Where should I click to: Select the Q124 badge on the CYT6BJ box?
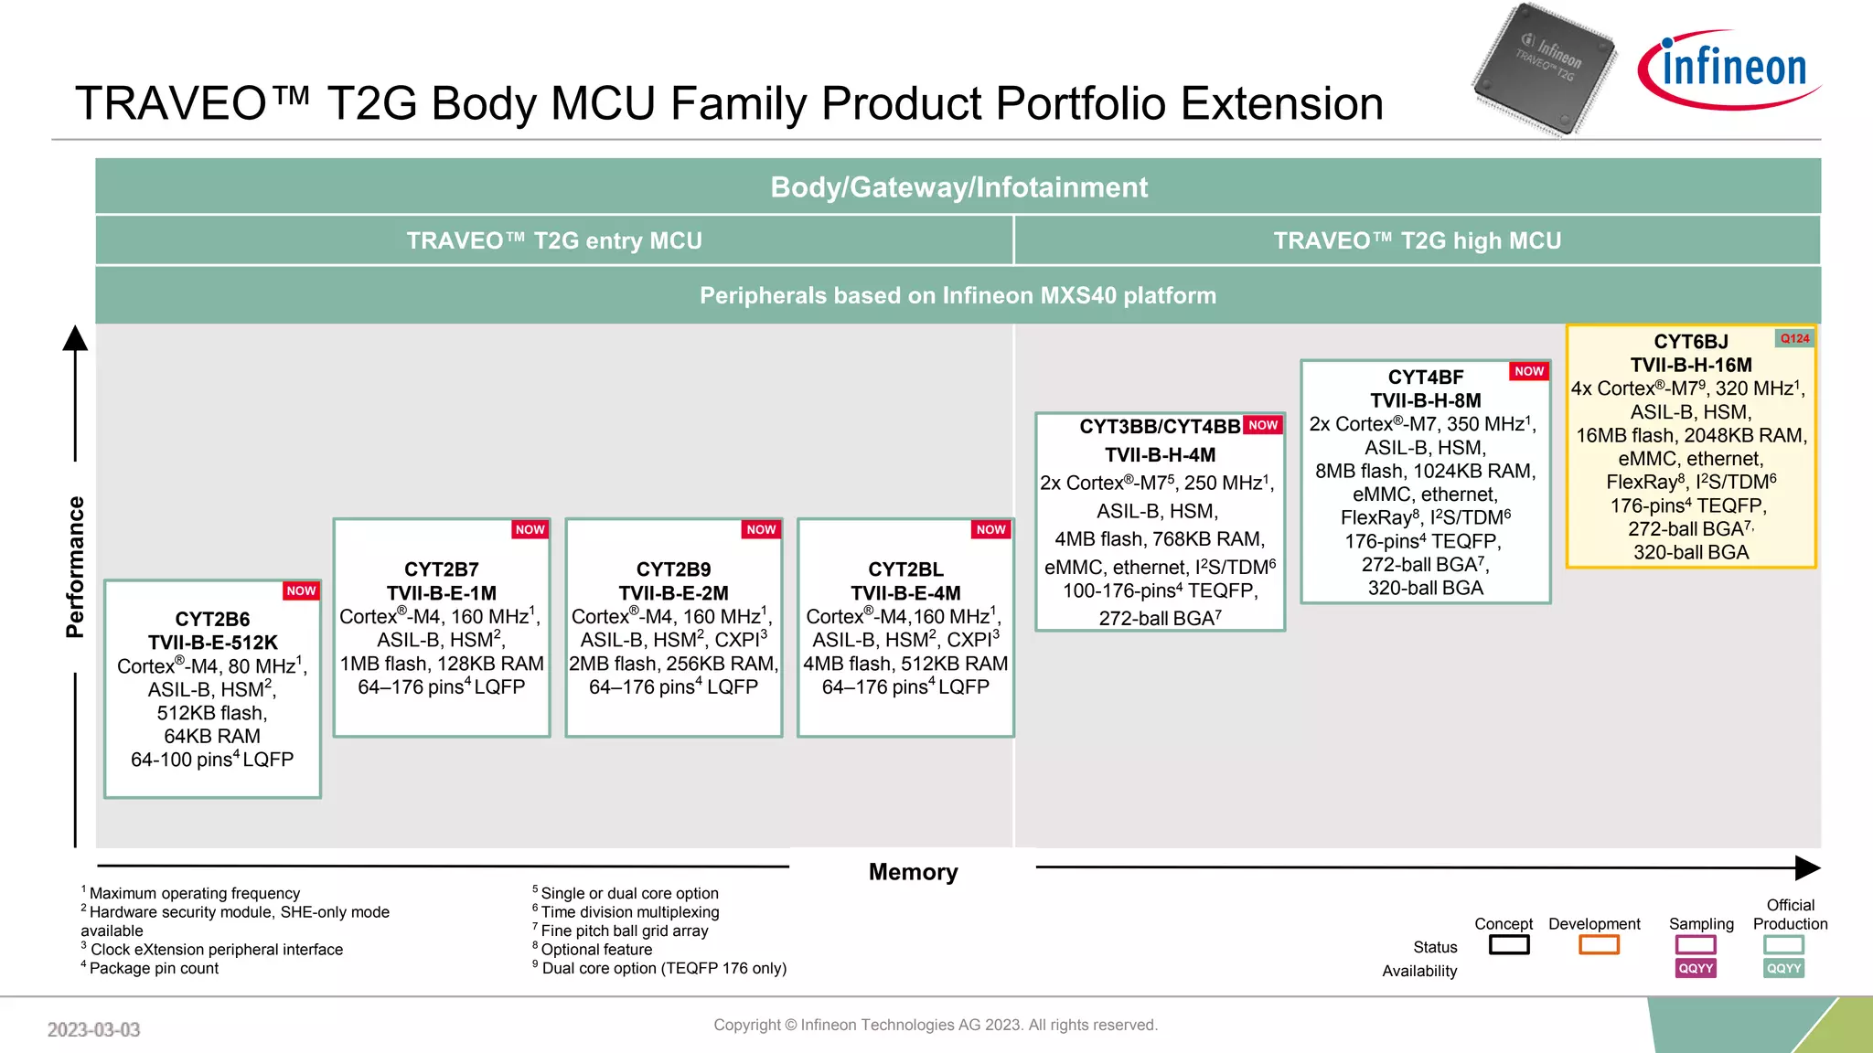(x=1794, y=339)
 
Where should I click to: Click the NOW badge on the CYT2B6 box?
(x=301, y=591)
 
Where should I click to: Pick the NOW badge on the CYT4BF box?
(x=1528, y=371)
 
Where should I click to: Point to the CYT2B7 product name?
(x=442, y=569)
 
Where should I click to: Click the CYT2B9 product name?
(x=673, y=569)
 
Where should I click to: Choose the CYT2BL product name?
(x=905, y=569)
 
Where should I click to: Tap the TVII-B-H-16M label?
(x=1691, y=366)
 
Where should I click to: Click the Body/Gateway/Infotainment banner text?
(x=958, y=187)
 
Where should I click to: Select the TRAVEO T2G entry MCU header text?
(x=554, y=241)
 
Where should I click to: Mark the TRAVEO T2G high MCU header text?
(x=1417, y=241)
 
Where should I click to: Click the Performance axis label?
(x=75, y=567)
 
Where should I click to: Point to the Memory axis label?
(x=913, y=872)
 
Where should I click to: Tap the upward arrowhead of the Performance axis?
(x=75, y=339)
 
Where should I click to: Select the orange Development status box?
(x=1599, y=945)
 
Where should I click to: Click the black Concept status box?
(x=1509, y=945)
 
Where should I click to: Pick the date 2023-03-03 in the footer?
(x=93, y=1030)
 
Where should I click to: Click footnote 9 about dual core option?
(x=660, y=969)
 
